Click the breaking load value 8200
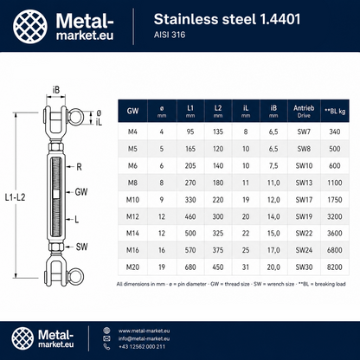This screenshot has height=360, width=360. tap(335, 267)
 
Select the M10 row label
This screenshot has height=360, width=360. tap(132, 200)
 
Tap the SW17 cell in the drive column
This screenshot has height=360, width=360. tap(304, 200)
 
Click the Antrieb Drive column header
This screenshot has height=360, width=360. tap(304, 112)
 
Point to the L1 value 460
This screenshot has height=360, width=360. tap(190, 216)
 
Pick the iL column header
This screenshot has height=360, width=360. tap(246, 111)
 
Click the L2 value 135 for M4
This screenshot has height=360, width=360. tap(218, 132)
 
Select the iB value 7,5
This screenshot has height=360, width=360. tap(273, 165)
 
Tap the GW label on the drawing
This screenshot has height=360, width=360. tap(81, 192)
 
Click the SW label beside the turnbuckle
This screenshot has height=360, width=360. tap(81, 247)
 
